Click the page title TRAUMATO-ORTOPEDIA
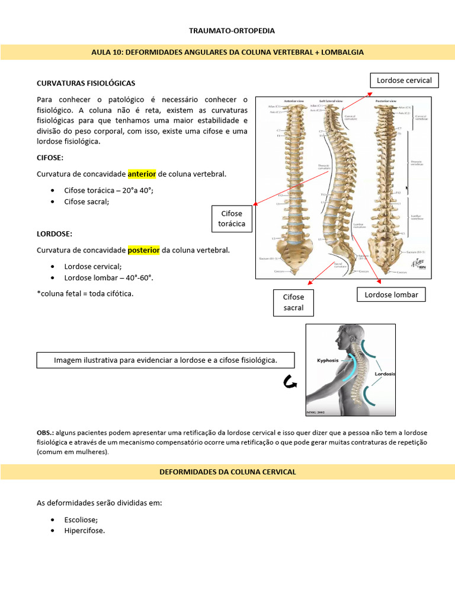[x=227, y=30]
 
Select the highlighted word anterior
[x=142, y=174]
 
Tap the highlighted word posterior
[x=143, y=250]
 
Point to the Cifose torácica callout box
[x=232, y=219]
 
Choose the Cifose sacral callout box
[x=293, y=302]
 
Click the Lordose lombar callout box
[x=391, y=295]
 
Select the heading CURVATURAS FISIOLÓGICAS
[x=86, y=84]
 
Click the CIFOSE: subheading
[x=50, y=158]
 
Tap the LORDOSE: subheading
[x=55, y=234]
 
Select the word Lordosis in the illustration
[x=384, y=374]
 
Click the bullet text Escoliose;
[x=81, y=519]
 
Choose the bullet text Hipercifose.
[x=84, y=531]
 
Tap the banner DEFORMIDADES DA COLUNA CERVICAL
[x=227, y=472]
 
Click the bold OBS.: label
[x=46, y=433]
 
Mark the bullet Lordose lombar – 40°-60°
[x=104, y=277]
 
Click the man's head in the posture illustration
[x=345, y=339]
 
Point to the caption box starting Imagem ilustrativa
[x=165, y=360]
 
